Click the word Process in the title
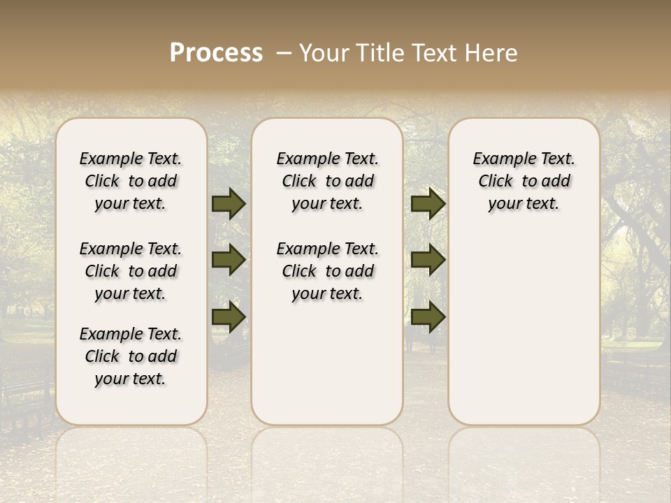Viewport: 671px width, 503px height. pos(216,53)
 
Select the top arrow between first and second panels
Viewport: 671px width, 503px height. pos(229,204)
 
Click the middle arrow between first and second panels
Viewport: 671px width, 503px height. pos(229,260)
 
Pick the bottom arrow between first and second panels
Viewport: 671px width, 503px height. pos(229,317)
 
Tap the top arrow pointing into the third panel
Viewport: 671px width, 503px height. pos(428,204)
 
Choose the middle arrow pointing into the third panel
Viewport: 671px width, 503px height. pos(428,260)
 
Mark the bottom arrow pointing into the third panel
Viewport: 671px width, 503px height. pos(428,317)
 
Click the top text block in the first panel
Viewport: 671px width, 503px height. pos(131,181)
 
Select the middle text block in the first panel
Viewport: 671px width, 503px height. pos(131,271)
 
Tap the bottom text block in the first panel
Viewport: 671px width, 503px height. pos(131,356)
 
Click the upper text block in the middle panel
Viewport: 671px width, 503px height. pos(327,181)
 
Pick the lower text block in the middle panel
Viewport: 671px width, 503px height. pos(327,271)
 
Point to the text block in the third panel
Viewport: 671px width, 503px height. pos(524,181)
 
